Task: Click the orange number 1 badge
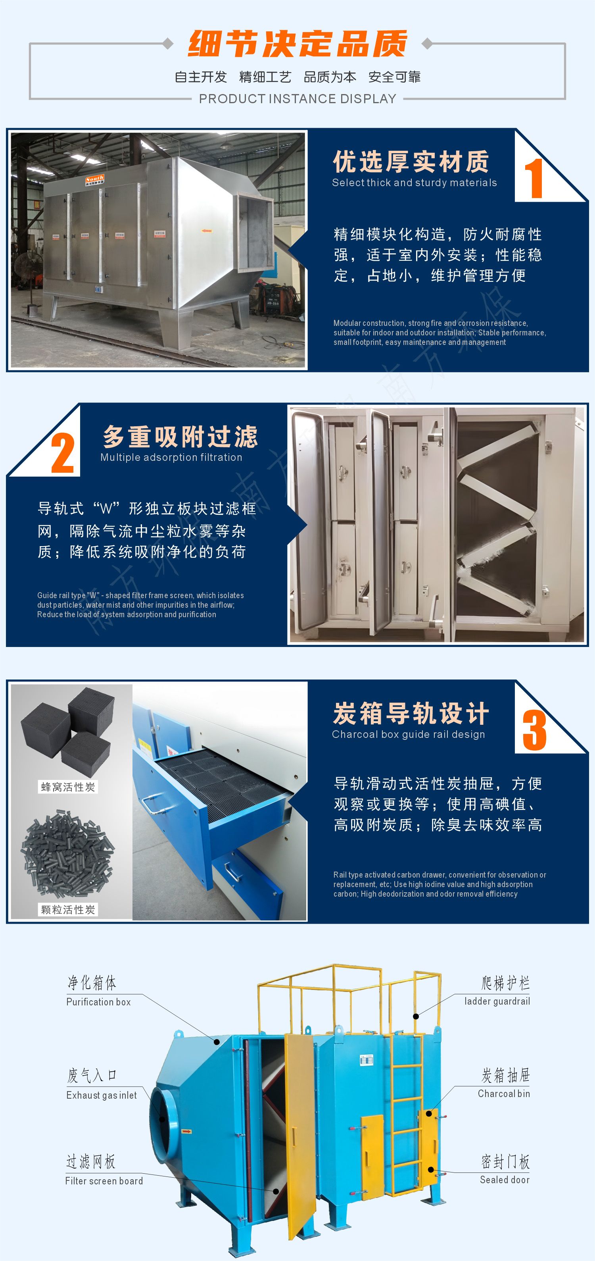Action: (534, 178)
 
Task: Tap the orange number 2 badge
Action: (63, 453)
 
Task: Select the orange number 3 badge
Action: (534, 730)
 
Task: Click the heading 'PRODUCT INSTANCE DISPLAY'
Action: (297, 99)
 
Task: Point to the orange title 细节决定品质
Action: (297, 44)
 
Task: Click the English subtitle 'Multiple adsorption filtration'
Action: (171, 457)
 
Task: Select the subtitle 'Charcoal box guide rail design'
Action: (409, 734)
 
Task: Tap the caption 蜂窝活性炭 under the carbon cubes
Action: (68, 787)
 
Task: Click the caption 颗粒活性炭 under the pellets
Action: (68, 909)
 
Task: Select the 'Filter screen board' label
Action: (104, 1181)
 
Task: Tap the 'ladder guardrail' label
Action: (497, 1001)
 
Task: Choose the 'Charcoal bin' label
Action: (504, 1094)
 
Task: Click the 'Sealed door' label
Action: (505, 1180)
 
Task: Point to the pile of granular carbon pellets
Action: (67, 852)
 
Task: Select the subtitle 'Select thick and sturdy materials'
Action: (415, 183)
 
